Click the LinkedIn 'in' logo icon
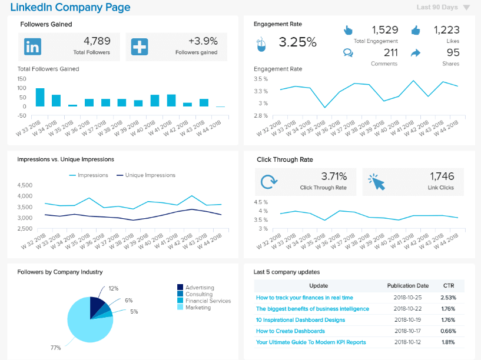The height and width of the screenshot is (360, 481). (32, 46)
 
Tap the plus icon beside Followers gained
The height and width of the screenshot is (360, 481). (139, 46)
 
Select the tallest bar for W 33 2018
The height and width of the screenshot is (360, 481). (40, 98)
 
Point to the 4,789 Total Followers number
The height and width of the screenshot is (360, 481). (97, 41)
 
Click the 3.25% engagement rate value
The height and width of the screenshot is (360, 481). (297, 42)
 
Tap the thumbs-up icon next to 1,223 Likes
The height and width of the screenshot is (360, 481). (416, 30)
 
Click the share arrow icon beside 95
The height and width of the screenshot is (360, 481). (416, 53)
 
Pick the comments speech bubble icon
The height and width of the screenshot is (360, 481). (348, 53)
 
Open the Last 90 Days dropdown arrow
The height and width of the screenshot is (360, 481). (466, 8)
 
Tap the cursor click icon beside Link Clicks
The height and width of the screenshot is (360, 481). (377, 181)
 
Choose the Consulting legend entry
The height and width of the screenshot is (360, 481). (199, 294)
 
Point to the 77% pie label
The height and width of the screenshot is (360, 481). (55, 348)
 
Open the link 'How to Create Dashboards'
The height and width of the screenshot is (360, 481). (290, 331)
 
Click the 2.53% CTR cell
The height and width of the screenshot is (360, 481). (448, 298)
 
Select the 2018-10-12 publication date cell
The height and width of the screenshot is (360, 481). (408, 342)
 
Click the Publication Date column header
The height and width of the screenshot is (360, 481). (408, 285)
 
